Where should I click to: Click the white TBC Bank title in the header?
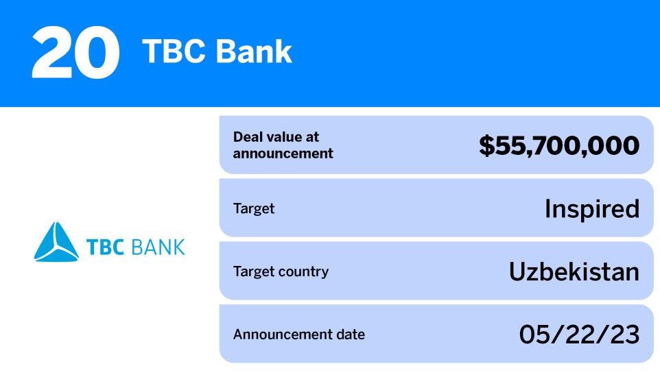coord(217,52)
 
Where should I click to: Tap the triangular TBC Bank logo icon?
coord(56,242)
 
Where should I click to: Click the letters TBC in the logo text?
coord(104,246)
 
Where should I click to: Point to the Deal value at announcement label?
coord(283,145)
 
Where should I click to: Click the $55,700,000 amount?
coord(558,145)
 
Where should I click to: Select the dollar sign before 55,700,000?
coord(486,145)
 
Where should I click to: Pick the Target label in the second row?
coord(254,208)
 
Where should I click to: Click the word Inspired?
coord(591,208)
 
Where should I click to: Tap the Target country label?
coord(281,271)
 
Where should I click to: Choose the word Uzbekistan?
coord(574,272)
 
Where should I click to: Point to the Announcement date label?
coord(299,335)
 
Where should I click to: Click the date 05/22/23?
coord(579,335)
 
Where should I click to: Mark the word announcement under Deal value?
coord(283,154)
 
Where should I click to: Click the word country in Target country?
coord(304,271)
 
